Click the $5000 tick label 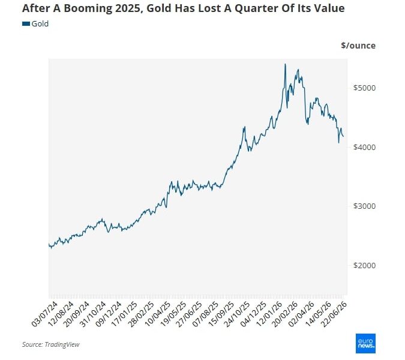364,88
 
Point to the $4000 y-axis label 364,147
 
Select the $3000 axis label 364,206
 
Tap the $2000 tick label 364,265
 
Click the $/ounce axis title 358,46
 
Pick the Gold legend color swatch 26,24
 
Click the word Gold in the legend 40,24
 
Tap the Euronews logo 365,343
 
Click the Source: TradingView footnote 50,344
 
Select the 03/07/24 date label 44,314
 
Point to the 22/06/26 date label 334,314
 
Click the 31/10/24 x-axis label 93,314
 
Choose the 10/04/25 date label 157,314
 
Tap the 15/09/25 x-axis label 221,314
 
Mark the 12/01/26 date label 270,314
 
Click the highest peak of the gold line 285,64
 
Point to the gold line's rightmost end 343,136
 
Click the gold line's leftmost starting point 49,244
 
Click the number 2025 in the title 128,8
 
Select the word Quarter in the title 254,8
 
